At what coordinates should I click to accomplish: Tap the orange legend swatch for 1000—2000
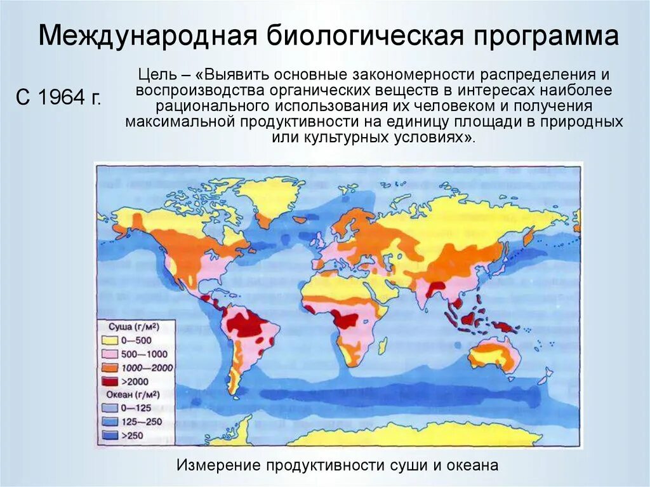point(108,368)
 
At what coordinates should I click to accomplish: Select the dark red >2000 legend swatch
point(108,381)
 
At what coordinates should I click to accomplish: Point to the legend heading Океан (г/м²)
point(131,394)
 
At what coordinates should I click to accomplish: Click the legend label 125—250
point(143,421)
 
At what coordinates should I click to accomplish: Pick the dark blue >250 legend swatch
point(108,435)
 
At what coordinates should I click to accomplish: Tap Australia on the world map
point(495,353)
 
